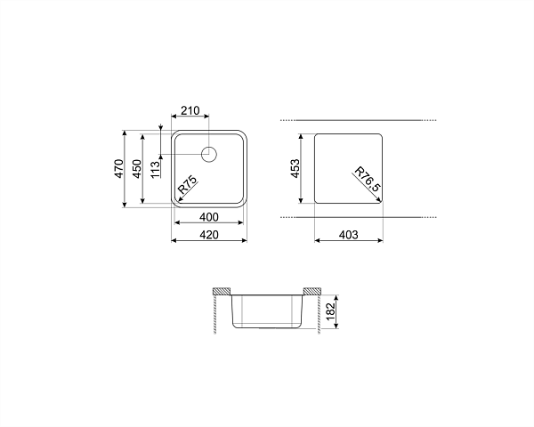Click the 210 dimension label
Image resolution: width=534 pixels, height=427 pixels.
pyautogui.click(x=190, y=110)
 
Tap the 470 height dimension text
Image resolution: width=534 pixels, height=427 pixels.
pyautogui.click(x=119, y=168)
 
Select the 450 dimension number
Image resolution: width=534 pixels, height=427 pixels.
pyautogui.click(x=137, y=168)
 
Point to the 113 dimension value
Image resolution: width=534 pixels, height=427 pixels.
pyautogui.click(x=155, y=169)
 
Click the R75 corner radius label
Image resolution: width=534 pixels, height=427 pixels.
pyautogui.click(x=188, y=184)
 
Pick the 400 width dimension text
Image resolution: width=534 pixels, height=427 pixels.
pyautogui.click(x=209, y=217)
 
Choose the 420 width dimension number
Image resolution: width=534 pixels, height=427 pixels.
pyautogui.click(x=209, y=235)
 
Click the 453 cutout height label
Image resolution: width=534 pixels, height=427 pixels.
pyautogui.click(x=295, y=168)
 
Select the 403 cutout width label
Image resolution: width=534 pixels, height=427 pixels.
pyautogui.click(x=349, y=235)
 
